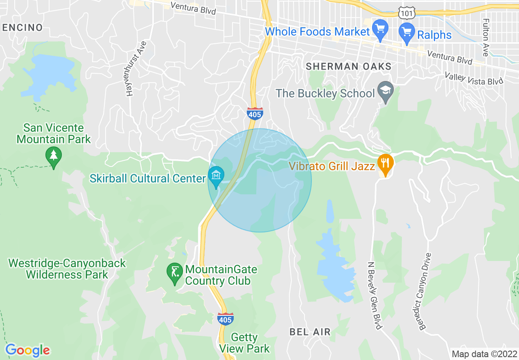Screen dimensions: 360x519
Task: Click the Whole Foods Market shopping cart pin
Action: pos(381,30)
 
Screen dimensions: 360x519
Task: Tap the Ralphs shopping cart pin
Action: pos(407,33)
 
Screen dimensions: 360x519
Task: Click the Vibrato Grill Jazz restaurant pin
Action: pos(385,164)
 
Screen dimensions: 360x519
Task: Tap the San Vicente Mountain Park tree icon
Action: pos(54,156)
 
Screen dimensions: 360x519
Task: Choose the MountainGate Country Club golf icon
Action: pos(175,272)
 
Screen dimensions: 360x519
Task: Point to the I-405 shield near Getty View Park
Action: pos(226,319)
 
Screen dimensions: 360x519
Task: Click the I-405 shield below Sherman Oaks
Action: pos(255,114)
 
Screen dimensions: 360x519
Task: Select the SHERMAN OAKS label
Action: pos(349,66)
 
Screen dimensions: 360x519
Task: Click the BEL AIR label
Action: pos(310,332)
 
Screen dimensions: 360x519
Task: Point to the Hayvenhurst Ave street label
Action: pos(136,68)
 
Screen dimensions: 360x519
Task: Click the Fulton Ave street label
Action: pos(486,37)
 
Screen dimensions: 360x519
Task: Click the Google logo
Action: pos(27,350)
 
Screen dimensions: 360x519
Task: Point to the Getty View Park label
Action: pos(244,343)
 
